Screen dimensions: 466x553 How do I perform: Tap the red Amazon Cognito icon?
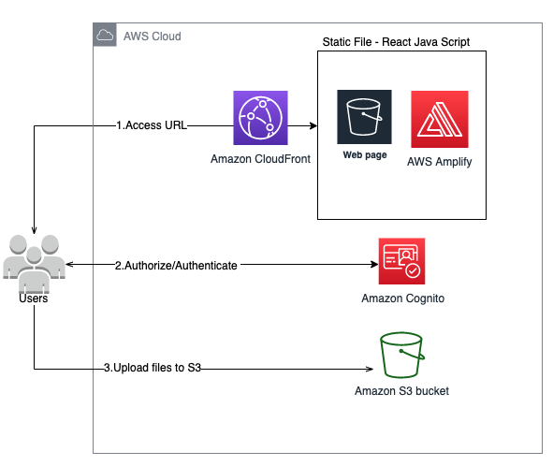point(402,261)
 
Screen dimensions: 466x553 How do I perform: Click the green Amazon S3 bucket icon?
point(401,355)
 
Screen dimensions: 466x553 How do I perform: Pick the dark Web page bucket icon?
point(364,120)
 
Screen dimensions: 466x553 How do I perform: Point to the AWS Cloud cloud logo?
point(105,36)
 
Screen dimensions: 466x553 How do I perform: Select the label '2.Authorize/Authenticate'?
point(176,265)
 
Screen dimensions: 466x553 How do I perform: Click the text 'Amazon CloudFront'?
point(261,160)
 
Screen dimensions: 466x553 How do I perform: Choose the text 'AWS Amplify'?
point(440,161)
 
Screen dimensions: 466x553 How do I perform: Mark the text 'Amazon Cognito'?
point(402,299)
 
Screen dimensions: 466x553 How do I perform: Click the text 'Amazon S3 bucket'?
point(401,390)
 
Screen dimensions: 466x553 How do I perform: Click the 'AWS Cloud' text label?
point(152,36)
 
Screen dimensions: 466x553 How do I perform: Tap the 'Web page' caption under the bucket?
point(364,154)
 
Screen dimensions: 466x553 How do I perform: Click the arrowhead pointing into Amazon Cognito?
point(372,265)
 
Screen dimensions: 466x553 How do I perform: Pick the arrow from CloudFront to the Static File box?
point(298,124)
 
